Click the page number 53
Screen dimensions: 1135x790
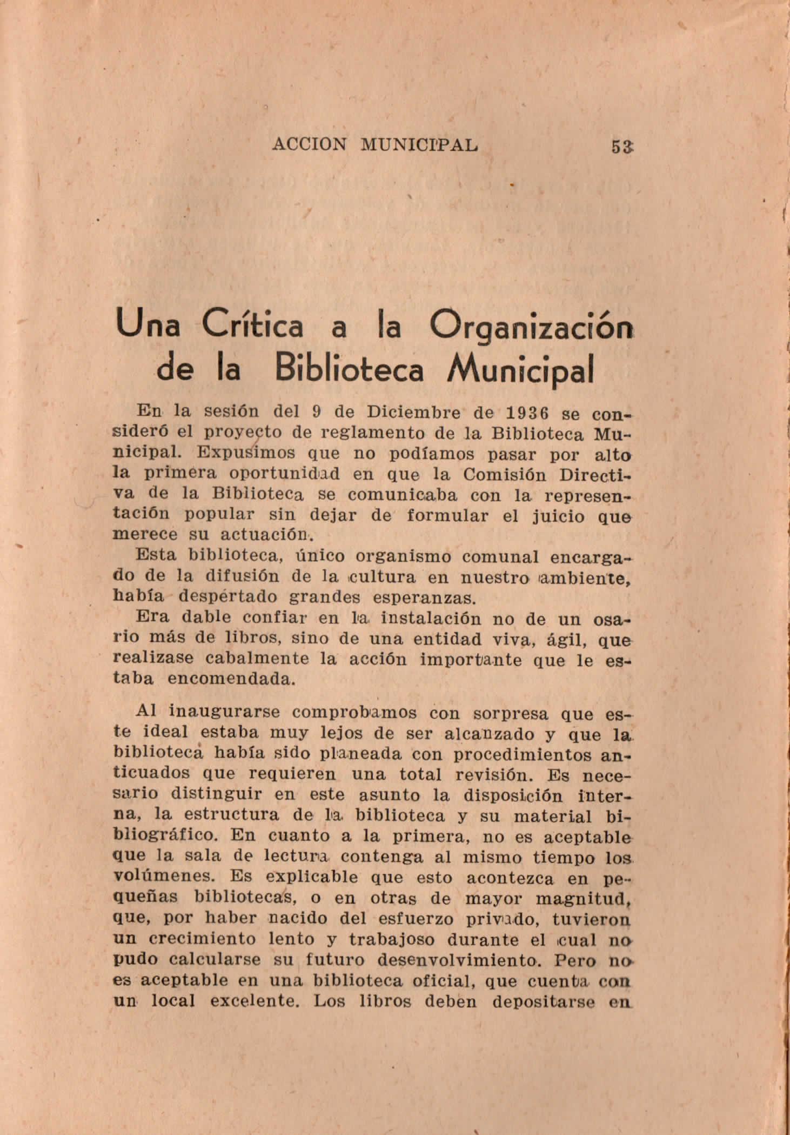click(x=622, y=146)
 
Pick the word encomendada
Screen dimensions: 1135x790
click(x=232, y=679)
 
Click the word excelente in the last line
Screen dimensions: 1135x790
click(x=255, y=1001)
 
